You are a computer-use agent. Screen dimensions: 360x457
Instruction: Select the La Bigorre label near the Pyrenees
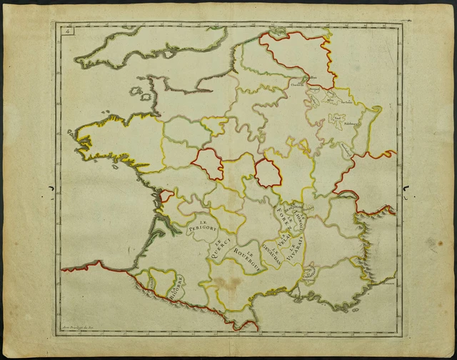click(x=176, y=289)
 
